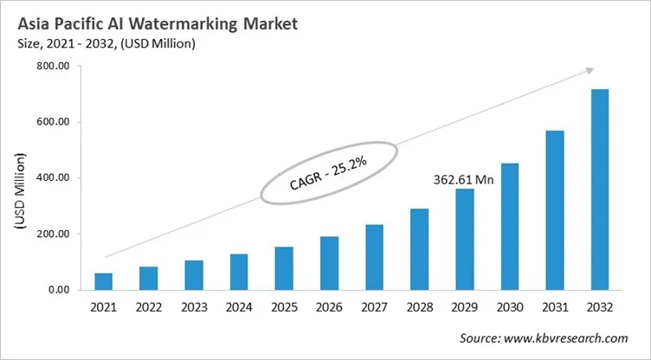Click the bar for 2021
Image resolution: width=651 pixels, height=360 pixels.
104,281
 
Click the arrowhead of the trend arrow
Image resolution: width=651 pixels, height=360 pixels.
590,71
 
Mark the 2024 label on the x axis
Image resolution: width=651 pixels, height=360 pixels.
239,308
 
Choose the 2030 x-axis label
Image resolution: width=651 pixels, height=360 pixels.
509,308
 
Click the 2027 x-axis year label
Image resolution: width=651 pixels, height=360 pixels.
374,308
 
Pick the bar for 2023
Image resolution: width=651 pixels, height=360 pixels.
194,275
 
